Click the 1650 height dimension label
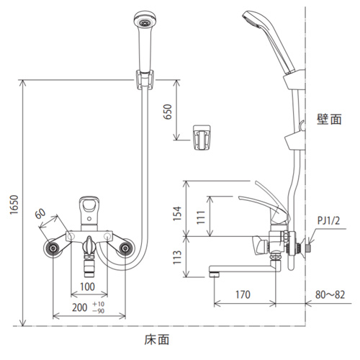[x=14, y=204]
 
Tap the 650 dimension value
[x=168, y=112]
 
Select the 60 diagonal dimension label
[x=40, y=214]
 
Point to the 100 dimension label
[x=87, y=287]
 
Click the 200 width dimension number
[x=80, y=307]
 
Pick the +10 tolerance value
[x=99, y=304]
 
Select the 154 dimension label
[x=178, y=213]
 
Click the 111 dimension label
[x=201, y=217]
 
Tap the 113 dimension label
[x=177, y=257]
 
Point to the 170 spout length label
[x=243, y=294]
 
